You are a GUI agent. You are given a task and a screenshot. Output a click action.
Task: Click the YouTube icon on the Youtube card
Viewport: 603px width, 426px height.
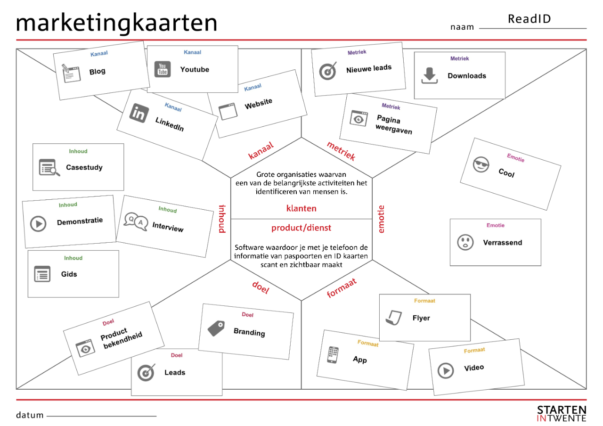click(x=163, y=69)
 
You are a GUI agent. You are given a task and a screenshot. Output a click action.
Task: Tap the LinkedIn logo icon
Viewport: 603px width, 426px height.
click(x=139, y=113)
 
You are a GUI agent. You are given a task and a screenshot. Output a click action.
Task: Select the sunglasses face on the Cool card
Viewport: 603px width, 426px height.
click(x=481, y=165)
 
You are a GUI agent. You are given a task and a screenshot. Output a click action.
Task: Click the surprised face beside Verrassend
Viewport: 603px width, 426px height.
click(x=465, y=242)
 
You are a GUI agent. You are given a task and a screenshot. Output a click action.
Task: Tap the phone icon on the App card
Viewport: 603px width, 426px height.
click(x=333, y=355)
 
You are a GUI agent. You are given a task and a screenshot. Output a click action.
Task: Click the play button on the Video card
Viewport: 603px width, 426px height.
click(x=445, y=370)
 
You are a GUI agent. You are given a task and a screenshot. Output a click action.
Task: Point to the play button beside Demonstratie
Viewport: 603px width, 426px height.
click(x=39, y=223)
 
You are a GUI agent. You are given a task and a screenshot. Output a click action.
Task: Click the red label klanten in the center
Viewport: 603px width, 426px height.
click(x=301, y=208)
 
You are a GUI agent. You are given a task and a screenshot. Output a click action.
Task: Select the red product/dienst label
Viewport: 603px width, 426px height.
click(x=301, y=228)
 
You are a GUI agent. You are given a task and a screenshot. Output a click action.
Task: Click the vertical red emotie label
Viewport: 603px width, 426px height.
click(x=382, y=219)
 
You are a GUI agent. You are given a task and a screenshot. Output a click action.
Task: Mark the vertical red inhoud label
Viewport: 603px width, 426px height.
click(x=221, y=219)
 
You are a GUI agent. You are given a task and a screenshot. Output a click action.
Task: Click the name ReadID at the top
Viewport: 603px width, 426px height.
click(x=529, y=19)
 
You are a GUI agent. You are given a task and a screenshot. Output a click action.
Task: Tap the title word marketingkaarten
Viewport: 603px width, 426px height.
click(x=116, y=23)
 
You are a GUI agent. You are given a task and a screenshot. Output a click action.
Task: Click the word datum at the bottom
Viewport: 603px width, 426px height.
click(x=30, y=415)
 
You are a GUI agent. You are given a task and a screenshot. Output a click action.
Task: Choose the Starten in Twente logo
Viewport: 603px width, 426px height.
click(x=562, y=413)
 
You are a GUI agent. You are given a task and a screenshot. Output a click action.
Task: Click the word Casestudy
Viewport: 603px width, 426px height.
click(x=84, y=167)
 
